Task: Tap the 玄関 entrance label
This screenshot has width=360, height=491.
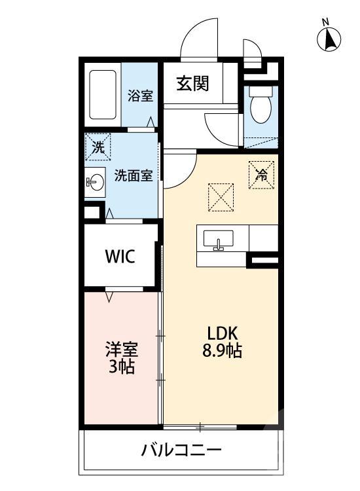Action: click(192, 84)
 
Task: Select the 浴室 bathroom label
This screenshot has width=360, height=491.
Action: click(140, 96)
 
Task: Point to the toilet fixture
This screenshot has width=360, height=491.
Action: click(261, 108)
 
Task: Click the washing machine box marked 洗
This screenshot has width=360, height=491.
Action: click(97, 147)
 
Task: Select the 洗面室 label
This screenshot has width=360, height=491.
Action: click(134, 175)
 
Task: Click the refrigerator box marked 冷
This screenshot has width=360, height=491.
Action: click(260, 174)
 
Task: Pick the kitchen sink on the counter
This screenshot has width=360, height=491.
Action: click(218, 241)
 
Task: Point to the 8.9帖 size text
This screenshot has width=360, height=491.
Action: click(222, 351)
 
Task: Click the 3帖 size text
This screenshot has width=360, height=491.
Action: click(121, 367)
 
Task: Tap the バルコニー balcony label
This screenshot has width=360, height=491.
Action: click(181, 450)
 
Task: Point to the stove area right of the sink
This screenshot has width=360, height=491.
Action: click(263, 237)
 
